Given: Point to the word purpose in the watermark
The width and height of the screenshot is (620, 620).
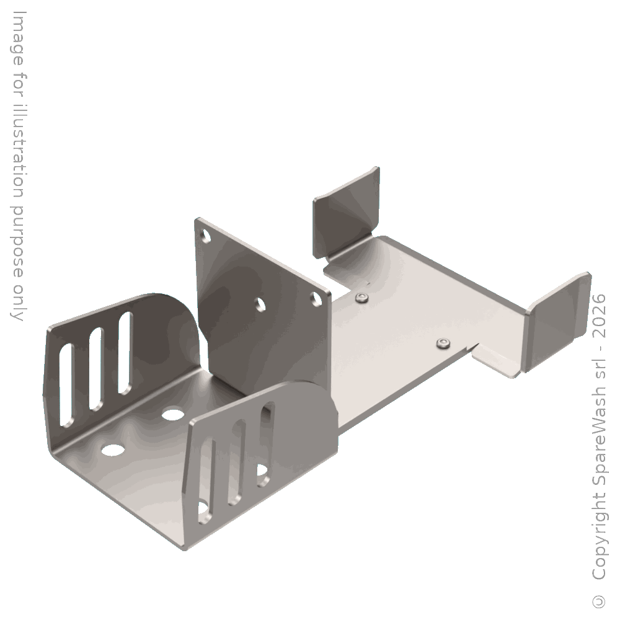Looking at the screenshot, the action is point(17,241).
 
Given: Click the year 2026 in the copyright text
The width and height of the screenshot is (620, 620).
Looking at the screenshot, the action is point(600,316).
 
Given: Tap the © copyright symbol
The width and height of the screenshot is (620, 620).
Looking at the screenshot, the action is point(600,601).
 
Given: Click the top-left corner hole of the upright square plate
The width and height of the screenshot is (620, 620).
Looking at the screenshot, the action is point(206,236).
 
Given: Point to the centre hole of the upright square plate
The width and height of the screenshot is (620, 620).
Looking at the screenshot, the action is point(260,304).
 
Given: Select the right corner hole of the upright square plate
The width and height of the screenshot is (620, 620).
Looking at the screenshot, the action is point(315,299).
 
